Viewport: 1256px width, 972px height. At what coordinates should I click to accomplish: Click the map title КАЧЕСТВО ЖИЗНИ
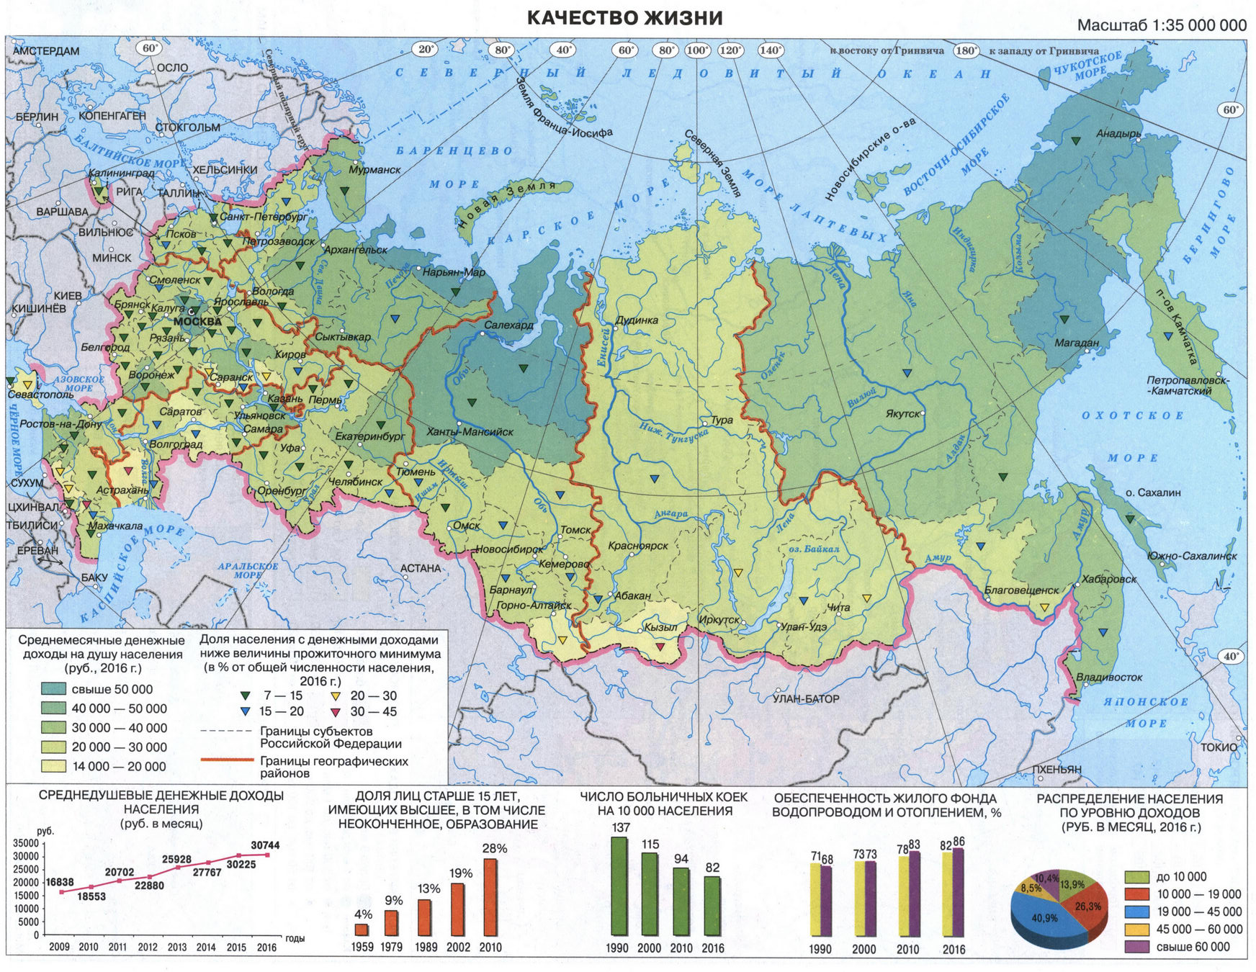click(624, 18)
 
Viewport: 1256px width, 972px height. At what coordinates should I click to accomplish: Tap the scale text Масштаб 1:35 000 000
click(1161, 26)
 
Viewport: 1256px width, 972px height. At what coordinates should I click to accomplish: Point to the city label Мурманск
click(374, 170)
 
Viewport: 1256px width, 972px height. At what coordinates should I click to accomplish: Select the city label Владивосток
click(1109, 678)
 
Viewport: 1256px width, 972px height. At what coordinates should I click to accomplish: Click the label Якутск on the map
click(902, 414)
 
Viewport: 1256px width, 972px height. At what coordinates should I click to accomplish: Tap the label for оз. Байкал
click(814, 549)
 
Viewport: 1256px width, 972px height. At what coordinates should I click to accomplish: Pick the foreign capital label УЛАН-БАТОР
click(806, 698)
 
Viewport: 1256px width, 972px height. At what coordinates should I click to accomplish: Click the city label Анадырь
click(1118, 134)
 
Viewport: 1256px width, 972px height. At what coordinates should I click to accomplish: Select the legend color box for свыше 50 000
click(54, 689)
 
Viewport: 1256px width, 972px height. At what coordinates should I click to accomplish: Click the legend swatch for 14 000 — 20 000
click(54, 767)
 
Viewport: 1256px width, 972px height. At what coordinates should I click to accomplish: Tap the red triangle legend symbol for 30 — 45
click(335, 712)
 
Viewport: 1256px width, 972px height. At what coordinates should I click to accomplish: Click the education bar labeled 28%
click(490, 896)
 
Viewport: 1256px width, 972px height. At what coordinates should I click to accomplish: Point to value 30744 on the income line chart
click(265, 845)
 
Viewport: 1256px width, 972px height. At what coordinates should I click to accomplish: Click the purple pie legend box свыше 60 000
click(1136, 947)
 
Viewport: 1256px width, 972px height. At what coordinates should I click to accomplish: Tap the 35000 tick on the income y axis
click(27, 843)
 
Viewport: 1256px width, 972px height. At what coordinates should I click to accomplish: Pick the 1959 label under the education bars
click(362, 948)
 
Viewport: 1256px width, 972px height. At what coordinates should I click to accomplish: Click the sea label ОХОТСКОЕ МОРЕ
click(1132, 436)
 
